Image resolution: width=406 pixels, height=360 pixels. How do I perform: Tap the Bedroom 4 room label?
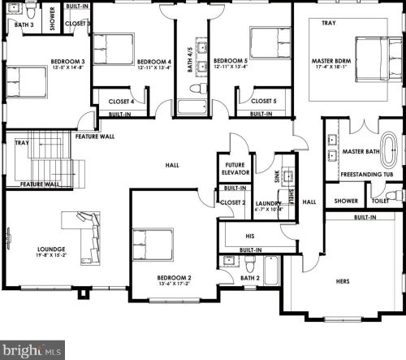[x=153, y=62]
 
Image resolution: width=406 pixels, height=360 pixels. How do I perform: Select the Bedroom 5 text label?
[x=231, y=61]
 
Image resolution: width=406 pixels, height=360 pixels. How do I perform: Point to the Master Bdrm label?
[x=331, y=62]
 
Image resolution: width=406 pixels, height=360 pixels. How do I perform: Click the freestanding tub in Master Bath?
[x=391, y=151]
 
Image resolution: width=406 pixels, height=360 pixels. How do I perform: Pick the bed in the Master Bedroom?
[x=376, y=56]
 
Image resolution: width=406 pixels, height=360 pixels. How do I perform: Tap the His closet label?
[x=249, y=236]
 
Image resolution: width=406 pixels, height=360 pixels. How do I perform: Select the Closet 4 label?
[x=122, y=102]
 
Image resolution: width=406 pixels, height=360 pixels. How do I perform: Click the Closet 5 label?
[x=263, y=102]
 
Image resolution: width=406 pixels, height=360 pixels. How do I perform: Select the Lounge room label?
[x=51, y=249]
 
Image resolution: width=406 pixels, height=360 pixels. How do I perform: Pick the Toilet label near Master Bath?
[x=378, y=201]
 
